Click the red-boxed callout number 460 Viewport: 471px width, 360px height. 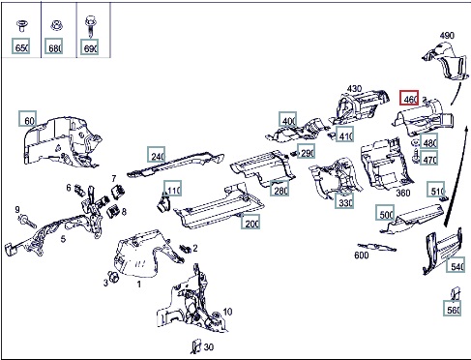pyautogui.click(x=409, y=98)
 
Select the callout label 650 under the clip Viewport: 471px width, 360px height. pyautogui.click(x=21, y=46)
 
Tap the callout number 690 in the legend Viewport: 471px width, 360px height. pyautogui.click(x=89, y=46)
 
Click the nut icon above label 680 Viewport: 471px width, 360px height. pyautogui.click(x=56, y=25)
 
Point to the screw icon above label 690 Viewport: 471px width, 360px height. pyautogui.click(x=90, y=26)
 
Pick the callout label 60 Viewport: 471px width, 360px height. pyautogui.click(x=27, y=118)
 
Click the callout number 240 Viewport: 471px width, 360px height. pyautogui.click(x=157, y=155)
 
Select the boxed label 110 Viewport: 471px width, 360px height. pyautogui.click(x=173, y=189)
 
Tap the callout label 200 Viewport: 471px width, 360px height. pyautogui.click(x=250, y=222)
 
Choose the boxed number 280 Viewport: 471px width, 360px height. pyautogui.click(x=280, y=188)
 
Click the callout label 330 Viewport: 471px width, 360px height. pyautogui.click(x=344, y=200)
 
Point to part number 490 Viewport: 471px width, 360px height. pyautogui.click(x=447, y=35)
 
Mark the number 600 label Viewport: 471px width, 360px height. pyautogui.click(x=362, y=255)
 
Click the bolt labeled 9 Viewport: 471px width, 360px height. pyautogui.click(x=27, y=222)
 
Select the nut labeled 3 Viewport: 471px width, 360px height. pyautogui.click(x=113, y=277)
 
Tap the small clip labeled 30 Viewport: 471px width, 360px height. pyautogui.click(x=195, y=345)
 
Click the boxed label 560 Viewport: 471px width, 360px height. pyautogui.click(x=452, y=308)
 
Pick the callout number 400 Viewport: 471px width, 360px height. pyautogui.click(x=288, y=119)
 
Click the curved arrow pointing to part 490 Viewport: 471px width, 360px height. pyautogui.click(x=456, y=93)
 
